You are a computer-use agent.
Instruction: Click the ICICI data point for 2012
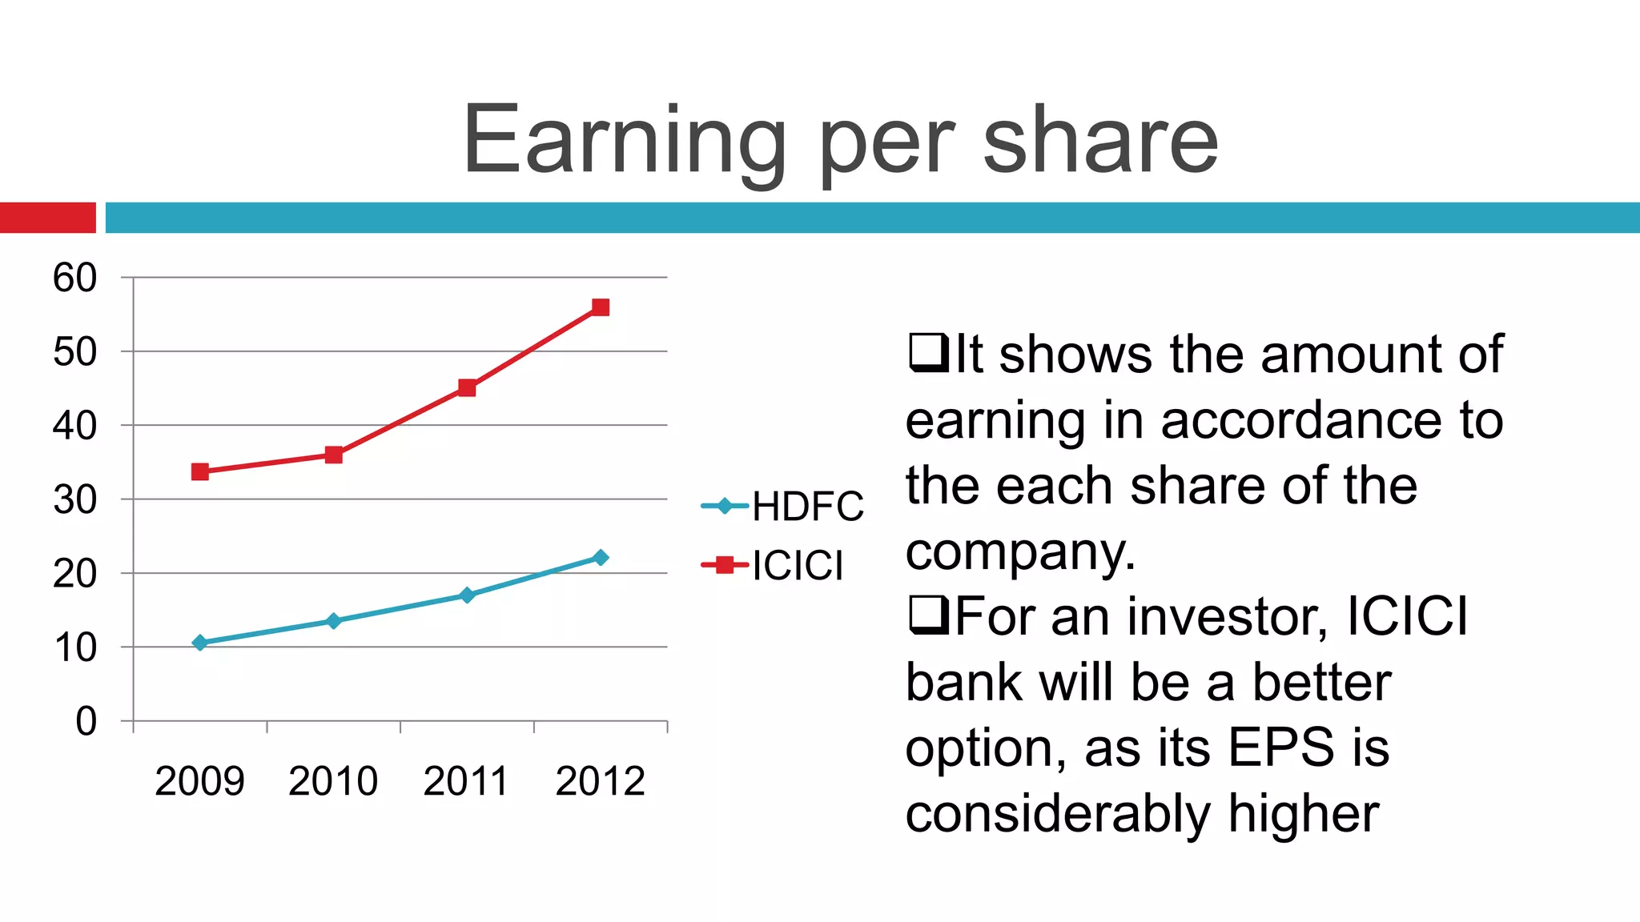[x=601, y=307]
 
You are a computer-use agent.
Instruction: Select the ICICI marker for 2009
[x=200, y=471]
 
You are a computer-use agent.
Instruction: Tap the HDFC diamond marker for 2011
[x=467, y=595]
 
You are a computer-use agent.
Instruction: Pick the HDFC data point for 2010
[x=334, y=621]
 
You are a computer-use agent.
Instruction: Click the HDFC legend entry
[x=782, y=506]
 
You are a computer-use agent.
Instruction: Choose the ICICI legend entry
[x=773, y=566]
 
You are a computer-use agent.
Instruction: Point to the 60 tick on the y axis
[x=74, y=279]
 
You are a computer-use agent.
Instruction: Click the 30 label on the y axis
[x=74, y=500]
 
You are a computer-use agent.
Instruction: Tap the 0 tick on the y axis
[x=86, y=722]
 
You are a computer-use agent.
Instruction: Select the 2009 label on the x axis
[x=199, y=781]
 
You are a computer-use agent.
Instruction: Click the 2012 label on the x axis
[x=600, y=781]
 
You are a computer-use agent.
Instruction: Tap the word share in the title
[x=1100, y=142]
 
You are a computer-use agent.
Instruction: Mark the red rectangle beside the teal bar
[x=47, y=218]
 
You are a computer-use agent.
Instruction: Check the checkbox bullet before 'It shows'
[x=928, y=352]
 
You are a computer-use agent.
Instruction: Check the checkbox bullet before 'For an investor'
[x=928, y=615]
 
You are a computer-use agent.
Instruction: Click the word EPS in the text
[x=1281, y=748]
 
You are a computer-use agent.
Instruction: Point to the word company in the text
[x=1019, y=552]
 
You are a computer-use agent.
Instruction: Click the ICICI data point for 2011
[x=467, y=388]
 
